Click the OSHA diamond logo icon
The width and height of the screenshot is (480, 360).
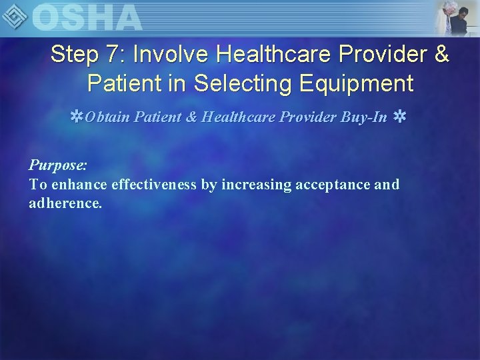(16, 16)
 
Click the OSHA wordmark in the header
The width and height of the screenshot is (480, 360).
(87, 17)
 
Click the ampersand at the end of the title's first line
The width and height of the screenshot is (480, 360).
(441, 55)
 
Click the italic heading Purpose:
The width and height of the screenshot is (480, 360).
(58, 164)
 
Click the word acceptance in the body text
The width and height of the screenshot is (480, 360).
(335, 184)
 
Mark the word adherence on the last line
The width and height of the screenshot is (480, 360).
(65, 203)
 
